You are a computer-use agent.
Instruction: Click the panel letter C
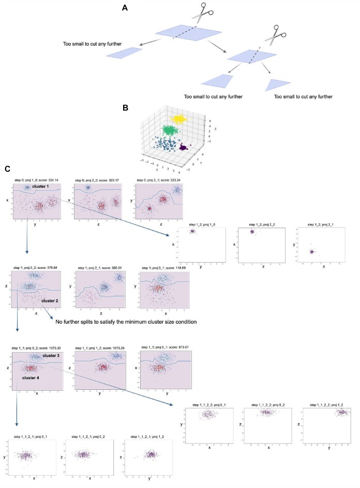pyautogui.click(x=6, y=169)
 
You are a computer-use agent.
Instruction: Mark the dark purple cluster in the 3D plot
pyautogui.click(x=183, y=148)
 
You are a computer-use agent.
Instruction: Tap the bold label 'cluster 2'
pyautogui.click(x=52, y=299)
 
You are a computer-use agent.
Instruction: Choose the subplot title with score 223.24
pyautogui.click(x=160, y=179)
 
